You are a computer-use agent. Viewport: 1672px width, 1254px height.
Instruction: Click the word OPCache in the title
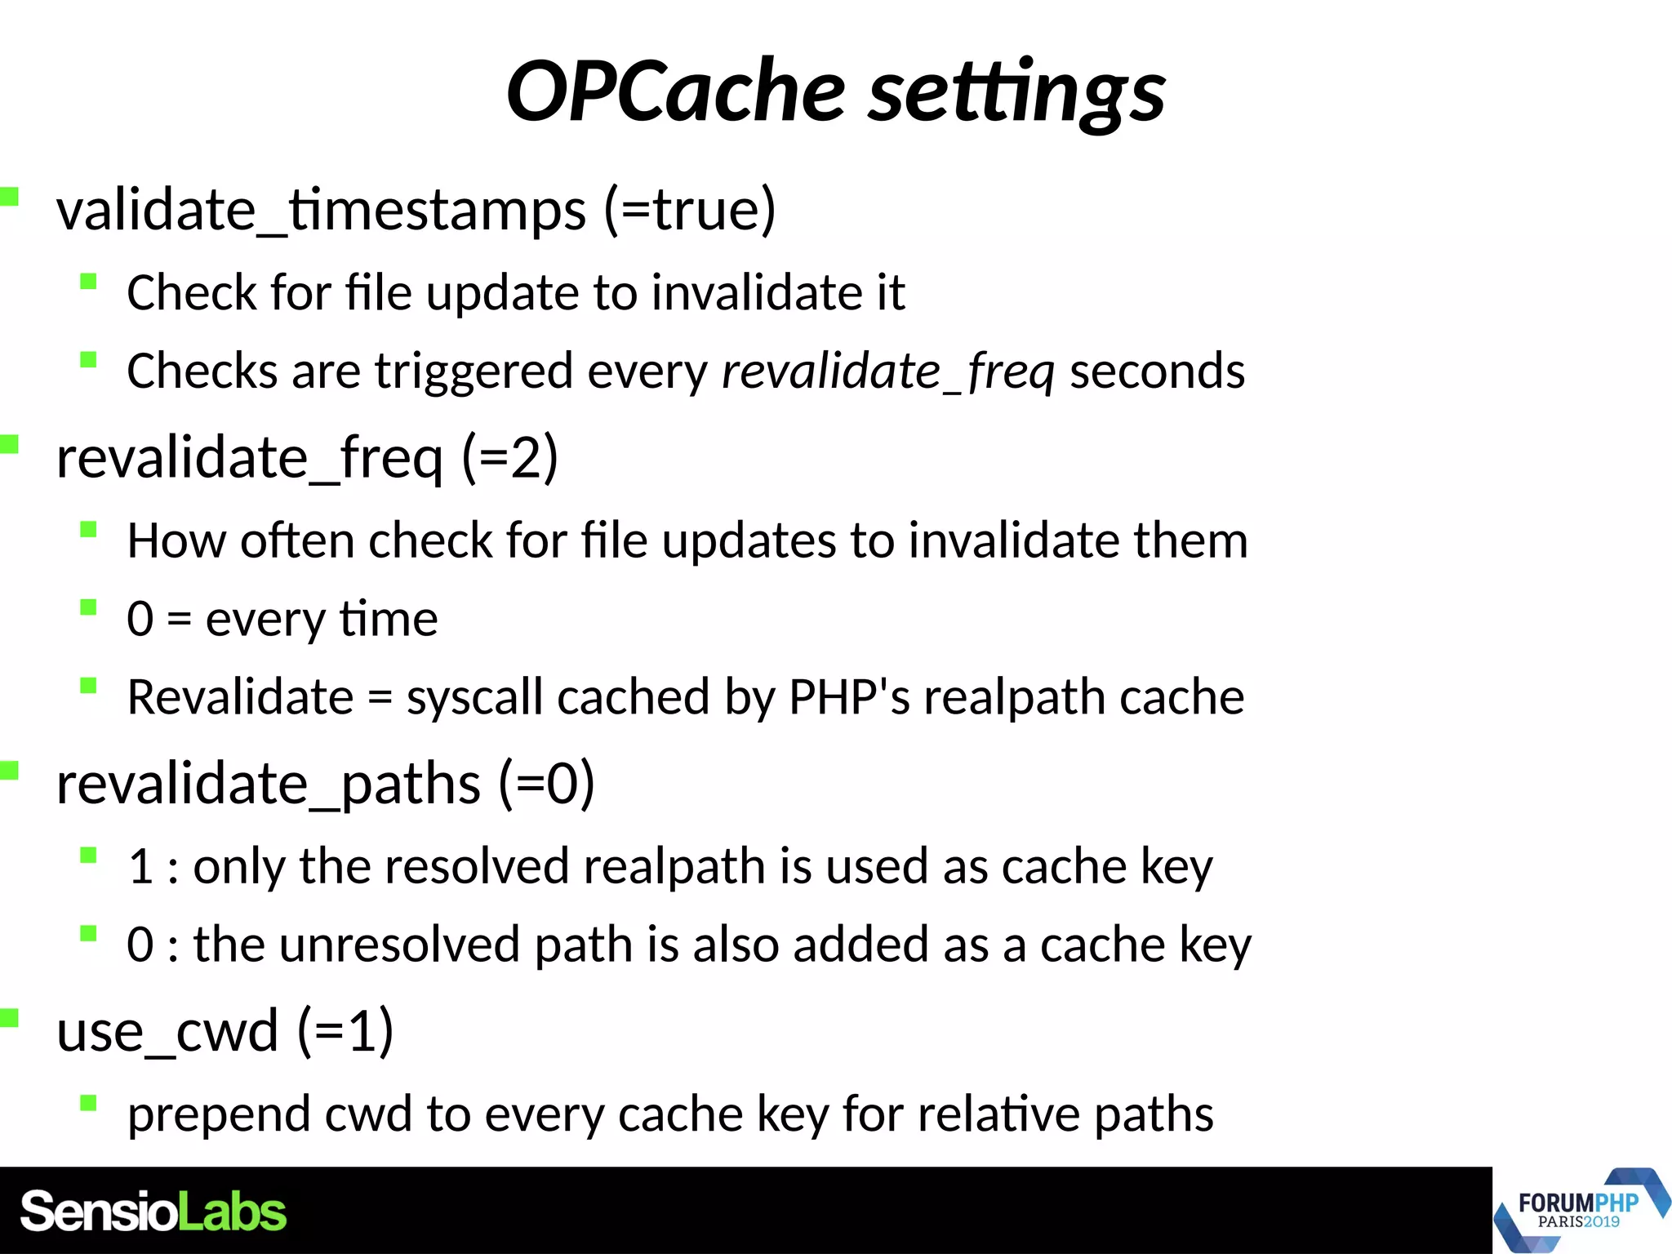click(675, 91)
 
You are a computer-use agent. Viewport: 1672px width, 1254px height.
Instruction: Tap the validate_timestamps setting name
click(321, 210)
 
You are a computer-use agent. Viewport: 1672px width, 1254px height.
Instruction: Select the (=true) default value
click(690, 210)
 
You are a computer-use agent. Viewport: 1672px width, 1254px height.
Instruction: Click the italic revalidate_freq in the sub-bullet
click(888, 371)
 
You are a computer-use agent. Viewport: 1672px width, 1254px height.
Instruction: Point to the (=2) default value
click(510, 457)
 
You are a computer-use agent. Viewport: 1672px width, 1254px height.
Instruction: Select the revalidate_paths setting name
click(268, 784)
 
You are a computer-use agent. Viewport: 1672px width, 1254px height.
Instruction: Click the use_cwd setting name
click(167, 1031)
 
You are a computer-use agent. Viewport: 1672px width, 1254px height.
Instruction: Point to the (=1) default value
click(345, 1031)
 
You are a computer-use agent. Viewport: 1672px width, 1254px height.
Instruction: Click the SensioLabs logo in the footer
click(153, 1212)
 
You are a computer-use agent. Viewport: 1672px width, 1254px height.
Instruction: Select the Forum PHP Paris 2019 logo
click(1579, 1211)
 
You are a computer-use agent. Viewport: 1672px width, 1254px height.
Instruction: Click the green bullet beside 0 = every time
click(89, 607)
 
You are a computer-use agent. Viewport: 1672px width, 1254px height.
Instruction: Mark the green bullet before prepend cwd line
click(89, 1104)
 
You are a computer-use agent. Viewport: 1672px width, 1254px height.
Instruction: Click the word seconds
click(1157, 371)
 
